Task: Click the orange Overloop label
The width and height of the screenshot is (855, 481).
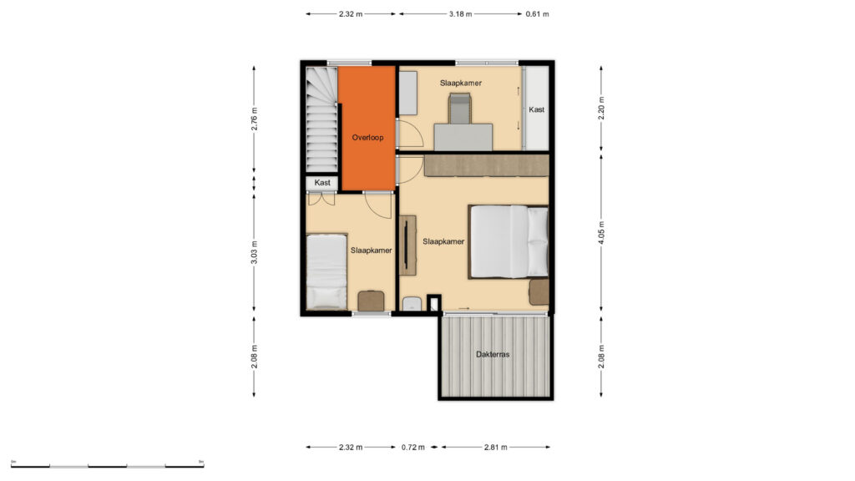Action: [367, 138]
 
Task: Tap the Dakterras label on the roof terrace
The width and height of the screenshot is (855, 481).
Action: [493, 354]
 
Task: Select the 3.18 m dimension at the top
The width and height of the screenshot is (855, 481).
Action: [460, 14]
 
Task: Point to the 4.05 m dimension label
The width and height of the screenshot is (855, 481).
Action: [602, 232]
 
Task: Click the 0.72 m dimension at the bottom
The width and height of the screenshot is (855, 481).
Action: [412, 448]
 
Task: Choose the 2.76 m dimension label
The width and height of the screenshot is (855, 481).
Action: [255, 119]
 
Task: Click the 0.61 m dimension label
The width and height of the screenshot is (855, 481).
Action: [537, 14]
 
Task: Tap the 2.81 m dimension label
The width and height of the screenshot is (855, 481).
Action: [496, 448]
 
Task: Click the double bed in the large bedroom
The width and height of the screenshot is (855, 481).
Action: [508, 241]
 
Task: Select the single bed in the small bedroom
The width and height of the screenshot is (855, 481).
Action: [326, 272]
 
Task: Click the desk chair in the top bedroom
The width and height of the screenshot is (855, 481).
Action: [459, 108]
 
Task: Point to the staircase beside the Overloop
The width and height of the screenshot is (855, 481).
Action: [321, 119]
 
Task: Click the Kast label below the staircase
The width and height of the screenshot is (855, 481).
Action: [322, 183]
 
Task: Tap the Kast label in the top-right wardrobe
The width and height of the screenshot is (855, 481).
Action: [537, 109]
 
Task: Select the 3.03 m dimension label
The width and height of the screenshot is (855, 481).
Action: [255, 252]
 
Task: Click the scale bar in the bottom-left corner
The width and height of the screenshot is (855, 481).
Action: [108, 465]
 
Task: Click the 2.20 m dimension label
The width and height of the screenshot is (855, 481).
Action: [602, 108]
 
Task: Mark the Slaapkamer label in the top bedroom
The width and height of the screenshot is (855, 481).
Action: [461, 84]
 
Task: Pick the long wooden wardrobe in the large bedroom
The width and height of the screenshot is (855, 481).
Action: [487, 165]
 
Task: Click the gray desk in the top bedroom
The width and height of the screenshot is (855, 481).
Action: [463, 137]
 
